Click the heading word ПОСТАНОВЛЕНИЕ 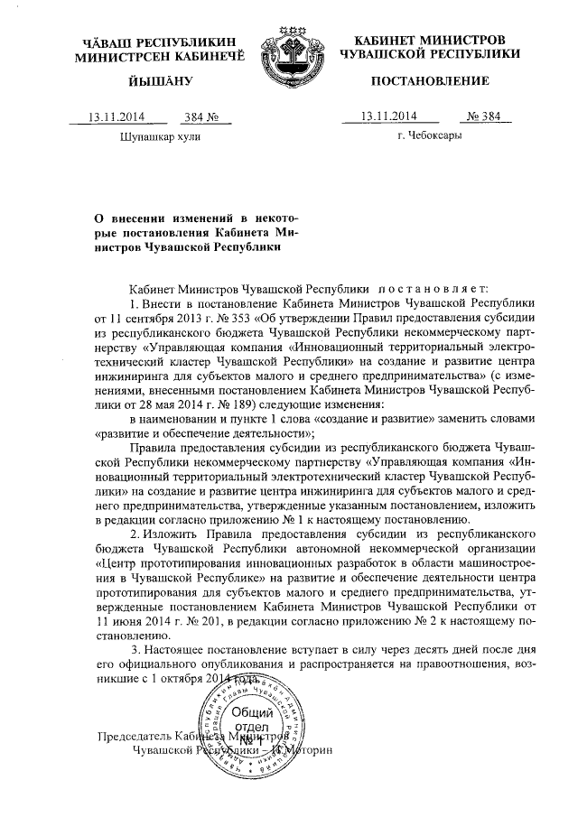point(430,81)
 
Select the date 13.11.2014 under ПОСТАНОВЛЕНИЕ point(387,116)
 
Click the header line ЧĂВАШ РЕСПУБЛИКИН point(150,42)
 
